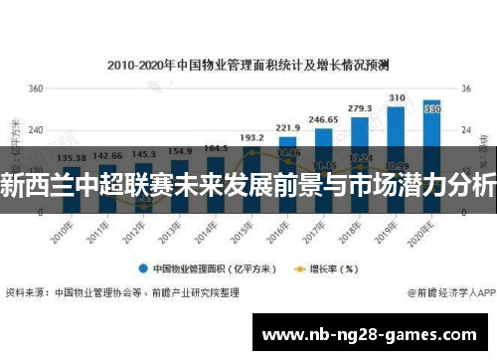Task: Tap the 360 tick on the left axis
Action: click(36, 89)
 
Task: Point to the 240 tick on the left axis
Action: click(36, 130)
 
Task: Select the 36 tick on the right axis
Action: click(463, 89)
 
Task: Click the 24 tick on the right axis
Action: click(463, 130)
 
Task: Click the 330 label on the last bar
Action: click(432, 109)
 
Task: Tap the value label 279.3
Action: click(359, 107)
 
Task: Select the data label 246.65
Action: click(323, 118)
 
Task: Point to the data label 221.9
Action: click(287, 127)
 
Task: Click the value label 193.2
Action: click(251, 137)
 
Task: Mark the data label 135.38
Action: click(72, 156)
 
